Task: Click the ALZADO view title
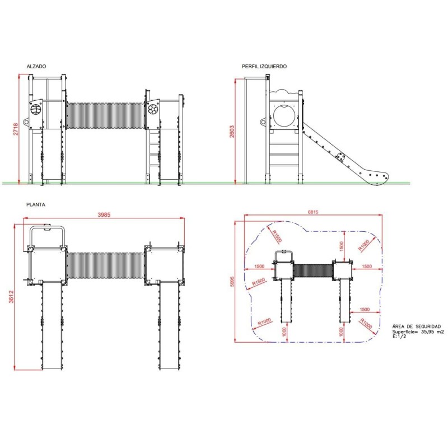[x=36, y=66]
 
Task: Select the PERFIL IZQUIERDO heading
[x=264, y=66]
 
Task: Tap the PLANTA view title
[x=36, y=204]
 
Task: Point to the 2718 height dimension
[x=16, y=129]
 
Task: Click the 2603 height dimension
[x=232, y=132]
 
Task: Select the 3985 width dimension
[x=104, y=214]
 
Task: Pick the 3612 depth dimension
[x=11, y=297]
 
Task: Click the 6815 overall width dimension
[x=313, y=212]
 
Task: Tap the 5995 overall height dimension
[x=232, y=282]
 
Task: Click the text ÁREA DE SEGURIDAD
[x=416, y=326]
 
